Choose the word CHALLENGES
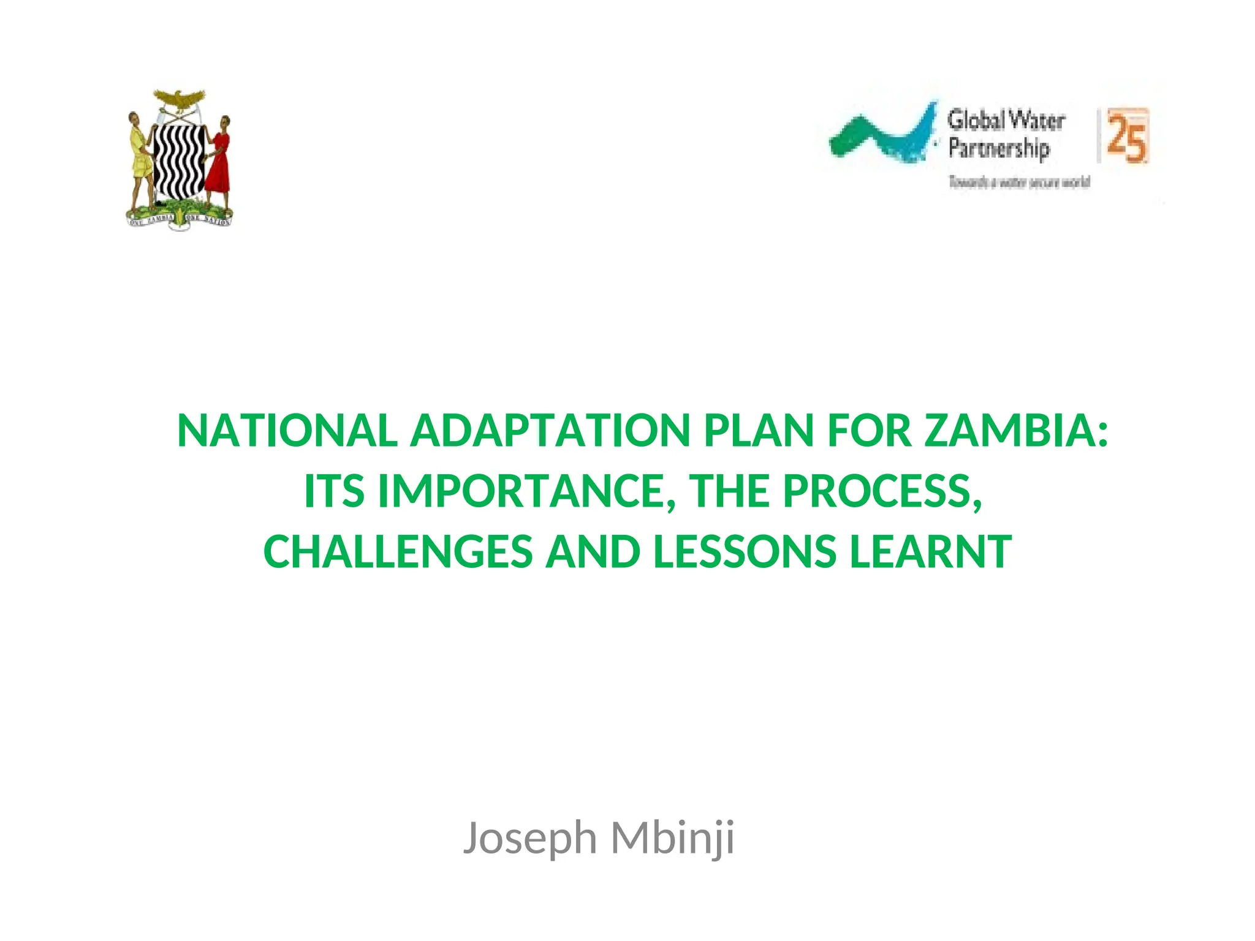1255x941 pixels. [x=398, y=551]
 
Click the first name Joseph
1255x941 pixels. [x=529, y=838]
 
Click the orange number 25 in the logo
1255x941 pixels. [x=1126, y=137]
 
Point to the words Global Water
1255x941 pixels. [x=1006, y=120]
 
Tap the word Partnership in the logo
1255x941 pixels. [x=999, y=149]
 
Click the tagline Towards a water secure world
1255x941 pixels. [x=1019, y=182]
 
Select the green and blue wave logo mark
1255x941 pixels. [x=882, y=135]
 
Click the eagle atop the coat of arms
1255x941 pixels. [x=178, y=100]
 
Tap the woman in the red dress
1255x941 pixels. [x=218, y=156]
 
